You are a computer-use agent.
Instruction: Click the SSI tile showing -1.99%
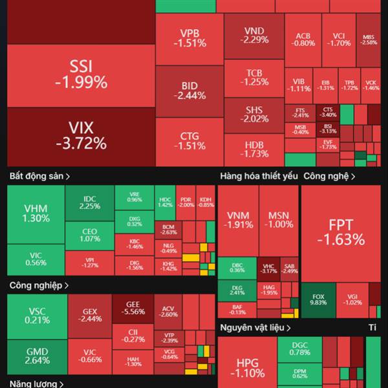[x=81, y=74]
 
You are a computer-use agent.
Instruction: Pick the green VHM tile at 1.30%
[x=36, y=213]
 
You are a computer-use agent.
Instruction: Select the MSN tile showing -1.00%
[x=279, y=220]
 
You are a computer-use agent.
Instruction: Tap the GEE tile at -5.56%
[x=133, y=308]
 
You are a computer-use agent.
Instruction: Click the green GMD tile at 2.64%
[x=37, y=356]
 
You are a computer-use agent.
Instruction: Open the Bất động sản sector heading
[x=39, y=175]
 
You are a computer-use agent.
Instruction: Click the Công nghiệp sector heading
[x=39, y=285]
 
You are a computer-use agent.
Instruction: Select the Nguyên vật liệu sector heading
[x=252, y=328]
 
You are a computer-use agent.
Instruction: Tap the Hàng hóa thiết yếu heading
[x=259, y=175]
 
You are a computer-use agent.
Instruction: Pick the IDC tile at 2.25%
[x=89, y=202]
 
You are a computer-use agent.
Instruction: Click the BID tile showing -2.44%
[x=189, y=91]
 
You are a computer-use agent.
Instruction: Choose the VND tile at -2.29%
[x=254, y=35]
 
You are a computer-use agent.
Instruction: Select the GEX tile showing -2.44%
[x=89, y=316]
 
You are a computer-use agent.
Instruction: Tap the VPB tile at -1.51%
[x=189, y=39]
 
